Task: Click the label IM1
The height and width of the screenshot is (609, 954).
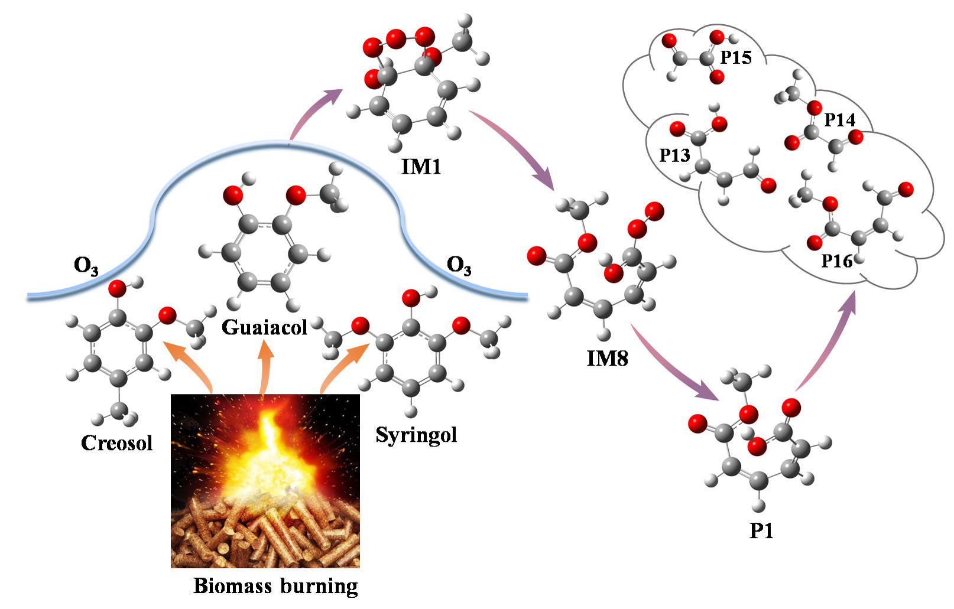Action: [x=421, y=167]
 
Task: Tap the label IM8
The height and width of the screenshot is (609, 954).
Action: [x=607, y=358]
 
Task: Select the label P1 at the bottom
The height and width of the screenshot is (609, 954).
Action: [x=761, y=531]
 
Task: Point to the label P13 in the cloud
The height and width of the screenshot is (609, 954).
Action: [x=674, y=155]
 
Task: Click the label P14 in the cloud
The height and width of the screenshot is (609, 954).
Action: [x=839, y=120]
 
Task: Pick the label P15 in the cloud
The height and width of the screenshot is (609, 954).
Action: [x=735, y=57]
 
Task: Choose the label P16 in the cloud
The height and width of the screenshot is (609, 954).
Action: [x=837, y=260]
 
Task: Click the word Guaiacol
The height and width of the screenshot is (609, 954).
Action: [x=264, y=327]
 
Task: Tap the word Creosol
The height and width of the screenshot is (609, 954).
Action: [x=116, y=443]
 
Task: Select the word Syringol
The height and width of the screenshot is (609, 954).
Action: [x=416, y=435]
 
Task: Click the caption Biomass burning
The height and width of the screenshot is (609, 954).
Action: [x=275, y=586]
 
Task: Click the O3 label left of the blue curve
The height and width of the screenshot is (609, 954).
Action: [x=86, y=266]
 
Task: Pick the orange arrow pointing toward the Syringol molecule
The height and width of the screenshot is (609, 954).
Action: [x=342, y=369]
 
